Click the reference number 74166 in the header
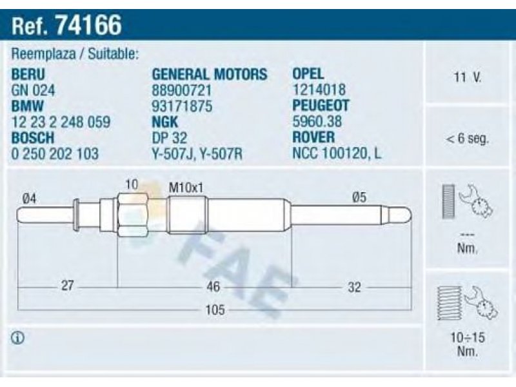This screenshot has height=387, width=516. (89, 25)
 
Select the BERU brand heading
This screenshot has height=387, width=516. (28, 74)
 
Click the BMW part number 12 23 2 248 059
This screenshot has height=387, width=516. (61, 122)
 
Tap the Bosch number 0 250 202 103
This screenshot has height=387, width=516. (55, 154)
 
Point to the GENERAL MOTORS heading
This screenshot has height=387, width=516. (210, 74)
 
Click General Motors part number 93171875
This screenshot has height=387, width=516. (182, 106)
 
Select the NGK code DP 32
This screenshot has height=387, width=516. (169, 138)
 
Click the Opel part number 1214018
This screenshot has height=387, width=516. (319, 90)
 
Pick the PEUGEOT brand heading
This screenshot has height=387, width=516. (321, 105)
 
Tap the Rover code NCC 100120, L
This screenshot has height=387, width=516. (337, 154)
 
